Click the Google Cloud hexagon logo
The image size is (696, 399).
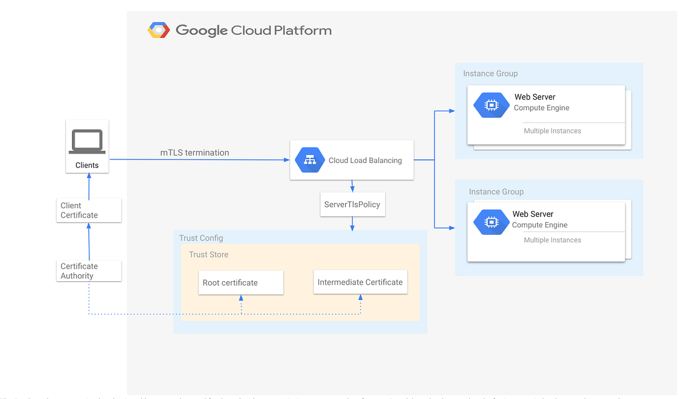(x=158, y=30)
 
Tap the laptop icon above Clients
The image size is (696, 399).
(x=87, y=142)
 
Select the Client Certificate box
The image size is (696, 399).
(x=89, y=210)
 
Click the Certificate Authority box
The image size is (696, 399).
(x=89, y=271)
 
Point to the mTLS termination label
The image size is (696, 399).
(x=194, y=153)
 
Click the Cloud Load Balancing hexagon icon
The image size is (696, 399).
(x=310, y=160)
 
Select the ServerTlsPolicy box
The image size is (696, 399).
(x=353, y=205)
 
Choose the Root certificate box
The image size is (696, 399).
(x=241, y=282)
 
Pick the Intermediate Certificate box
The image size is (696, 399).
(x=360, y=282)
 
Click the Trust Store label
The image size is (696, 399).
(x=208, y=255)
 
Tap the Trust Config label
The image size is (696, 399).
(x=201, y=238)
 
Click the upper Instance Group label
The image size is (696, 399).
(x=490, y=74)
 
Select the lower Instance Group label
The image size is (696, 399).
(x=496, y=192)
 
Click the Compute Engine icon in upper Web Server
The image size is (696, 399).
(x=491, y=105)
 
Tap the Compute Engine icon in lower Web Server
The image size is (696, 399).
(x=491, y=222)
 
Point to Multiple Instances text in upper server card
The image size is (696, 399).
(x=552, y=131)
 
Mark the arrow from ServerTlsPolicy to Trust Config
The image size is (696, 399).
(x=353, y=224)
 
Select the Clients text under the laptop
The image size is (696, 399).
(x=87, y=165)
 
